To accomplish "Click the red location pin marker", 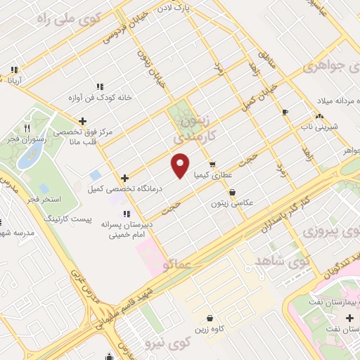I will pyautogui.click(x=181, y=166).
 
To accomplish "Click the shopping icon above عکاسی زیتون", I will pyautogui.click(x=232, y=191).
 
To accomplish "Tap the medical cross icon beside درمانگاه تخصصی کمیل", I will pyautogui.click(x=124, y=178).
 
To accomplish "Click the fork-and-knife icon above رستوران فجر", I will pyautogui.click(x=27, y=129).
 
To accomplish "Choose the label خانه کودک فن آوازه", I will pyautogui.click(x=99, y=98).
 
